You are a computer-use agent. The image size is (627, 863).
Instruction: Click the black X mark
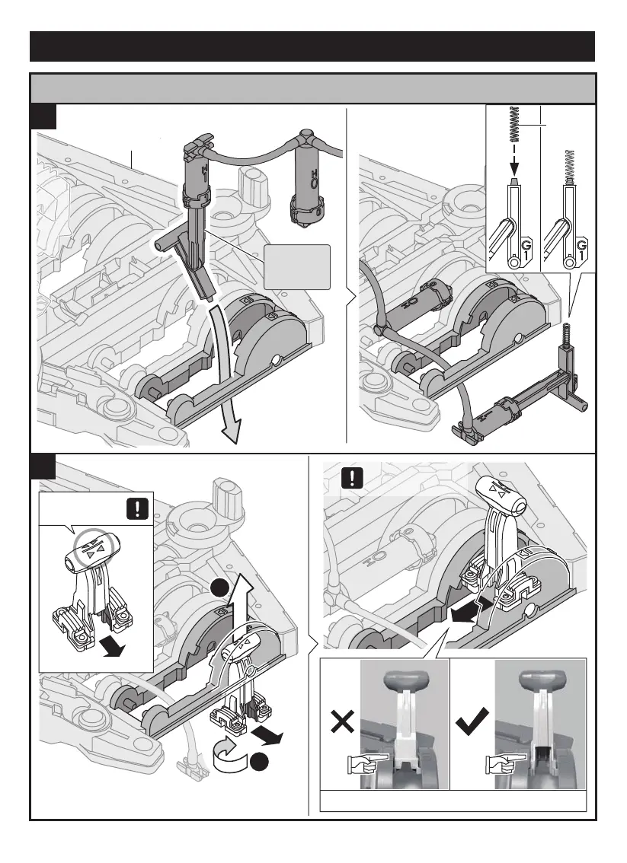342,721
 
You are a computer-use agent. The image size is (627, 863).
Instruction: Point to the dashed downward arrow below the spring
514,156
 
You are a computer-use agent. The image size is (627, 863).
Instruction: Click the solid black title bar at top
312,46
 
